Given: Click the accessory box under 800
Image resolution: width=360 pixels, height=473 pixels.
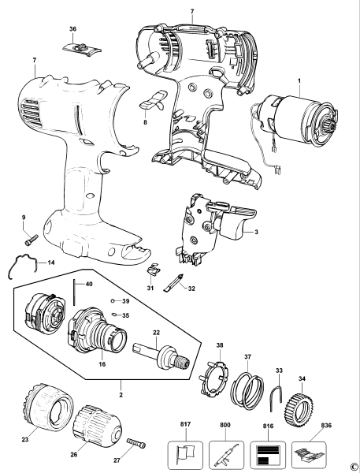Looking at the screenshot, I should click(226, 454).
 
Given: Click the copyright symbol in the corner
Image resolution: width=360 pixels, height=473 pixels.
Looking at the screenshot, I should click(354, 466).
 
